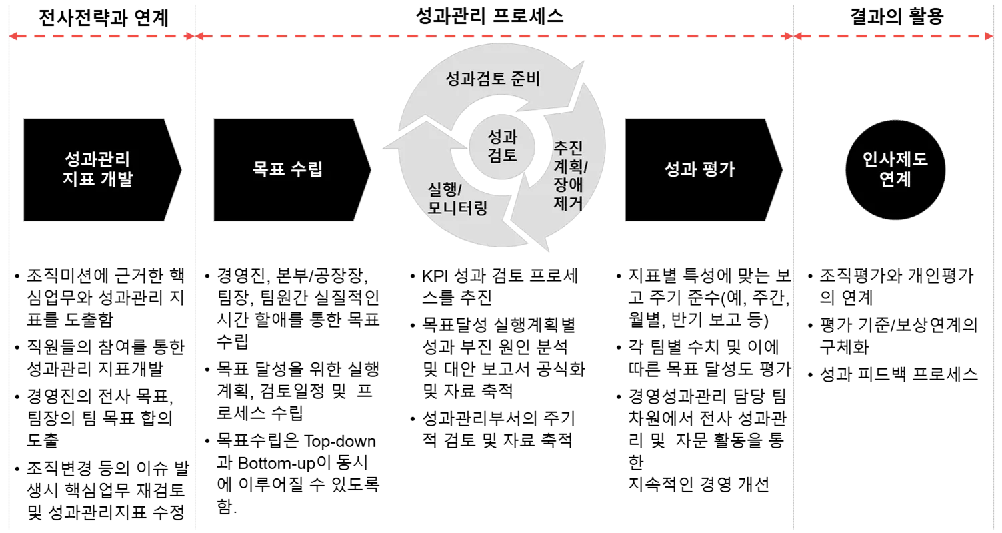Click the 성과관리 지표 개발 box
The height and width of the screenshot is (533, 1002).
[98, 169]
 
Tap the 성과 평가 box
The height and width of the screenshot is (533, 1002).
[699, 169]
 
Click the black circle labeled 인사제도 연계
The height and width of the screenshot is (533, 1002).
[895, 169]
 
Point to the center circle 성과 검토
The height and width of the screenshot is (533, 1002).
[503, 147]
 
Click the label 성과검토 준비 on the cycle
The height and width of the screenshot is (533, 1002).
[493, 79]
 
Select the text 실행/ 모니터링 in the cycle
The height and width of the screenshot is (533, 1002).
[457, 198]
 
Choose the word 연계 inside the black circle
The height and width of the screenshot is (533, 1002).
[895, 180]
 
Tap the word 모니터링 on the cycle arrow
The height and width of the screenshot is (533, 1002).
[457, 207]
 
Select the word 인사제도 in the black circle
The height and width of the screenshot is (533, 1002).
[895, 160]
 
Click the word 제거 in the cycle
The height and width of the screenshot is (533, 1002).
[568, 203]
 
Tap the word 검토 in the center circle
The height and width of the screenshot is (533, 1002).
[503, 156]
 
